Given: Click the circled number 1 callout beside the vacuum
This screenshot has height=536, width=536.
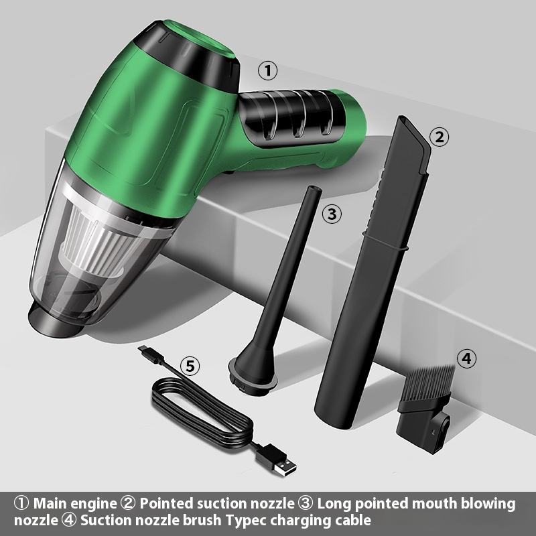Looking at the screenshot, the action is point(267,71).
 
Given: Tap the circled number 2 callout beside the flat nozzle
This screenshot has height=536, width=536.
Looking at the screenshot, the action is point(439,137).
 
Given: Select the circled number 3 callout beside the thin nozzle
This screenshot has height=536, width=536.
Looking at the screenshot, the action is point(332,214).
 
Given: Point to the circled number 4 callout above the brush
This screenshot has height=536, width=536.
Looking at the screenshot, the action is point(466,358).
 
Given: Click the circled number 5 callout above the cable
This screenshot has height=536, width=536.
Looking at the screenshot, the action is point(190,366).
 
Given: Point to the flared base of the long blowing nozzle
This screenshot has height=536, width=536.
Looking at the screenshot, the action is point(253,373).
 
